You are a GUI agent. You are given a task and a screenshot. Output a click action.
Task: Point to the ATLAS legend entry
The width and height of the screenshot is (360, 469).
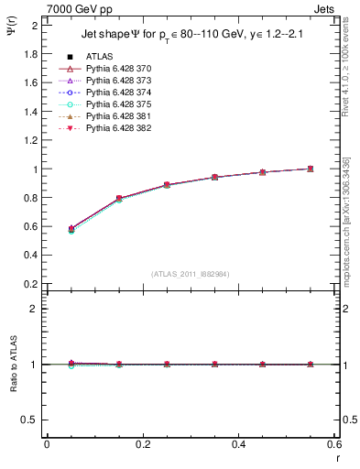99,57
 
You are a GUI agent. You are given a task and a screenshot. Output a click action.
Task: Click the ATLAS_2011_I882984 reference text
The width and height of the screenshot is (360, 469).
191,274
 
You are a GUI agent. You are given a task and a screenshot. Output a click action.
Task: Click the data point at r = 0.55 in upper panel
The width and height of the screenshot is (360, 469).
311,169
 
